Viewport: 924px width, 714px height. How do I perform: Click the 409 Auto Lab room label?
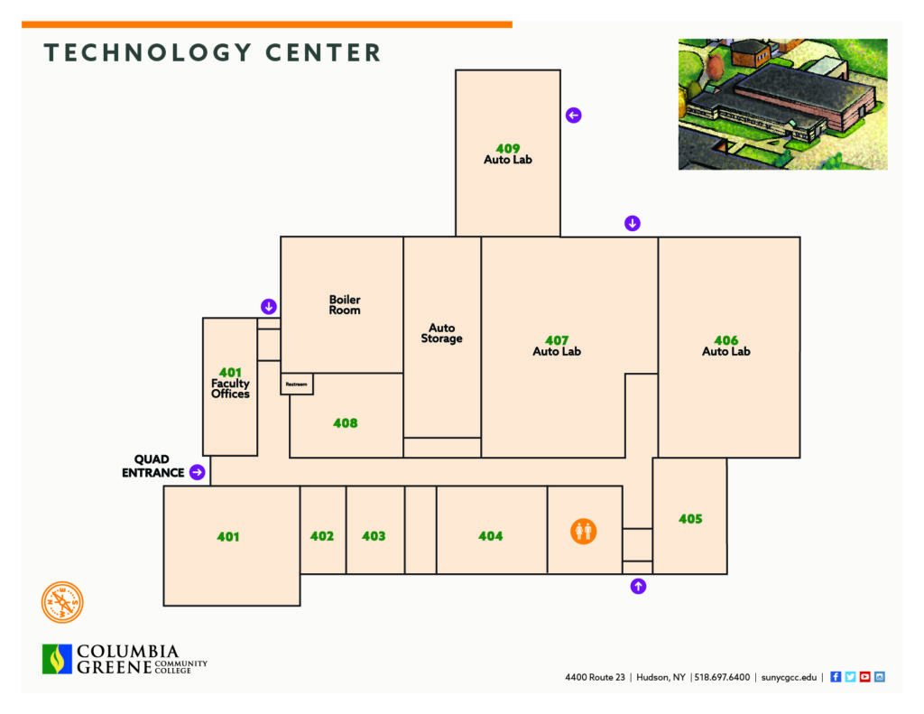pos(507,154)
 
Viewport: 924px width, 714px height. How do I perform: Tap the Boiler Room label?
pos(345,305)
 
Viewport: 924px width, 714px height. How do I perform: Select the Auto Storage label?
pos(441,333)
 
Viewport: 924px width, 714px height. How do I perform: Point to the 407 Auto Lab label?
pos(556,346)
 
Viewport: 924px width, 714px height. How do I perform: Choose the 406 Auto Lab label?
pos(726,346)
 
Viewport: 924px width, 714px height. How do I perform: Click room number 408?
pos(346,423)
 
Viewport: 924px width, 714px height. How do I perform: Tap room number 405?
pos(690,519)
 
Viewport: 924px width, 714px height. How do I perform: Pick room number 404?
pos(490,536)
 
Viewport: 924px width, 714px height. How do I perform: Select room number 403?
pos(374,536)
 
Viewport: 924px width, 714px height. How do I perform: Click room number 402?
pos(322,536)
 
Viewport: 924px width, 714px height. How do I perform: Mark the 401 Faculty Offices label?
pos(230,384)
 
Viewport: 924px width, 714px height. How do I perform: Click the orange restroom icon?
pos(584,532)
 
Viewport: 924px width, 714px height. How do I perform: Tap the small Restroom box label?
pos(296,385)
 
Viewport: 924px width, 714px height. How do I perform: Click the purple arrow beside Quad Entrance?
pos(198,472)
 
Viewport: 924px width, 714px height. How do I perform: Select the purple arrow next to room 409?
pos(573,115)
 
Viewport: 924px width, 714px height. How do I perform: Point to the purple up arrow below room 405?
pos(638,586)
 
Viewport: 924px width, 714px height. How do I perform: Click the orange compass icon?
pos(62,602)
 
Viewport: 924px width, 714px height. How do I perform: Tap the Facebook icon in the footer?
pos(836,677)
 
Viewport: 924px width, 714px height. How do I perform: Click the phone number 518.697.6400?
pos(722,678)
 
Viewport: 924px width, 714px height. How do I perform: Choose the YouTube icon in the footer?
pos(865,677)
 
